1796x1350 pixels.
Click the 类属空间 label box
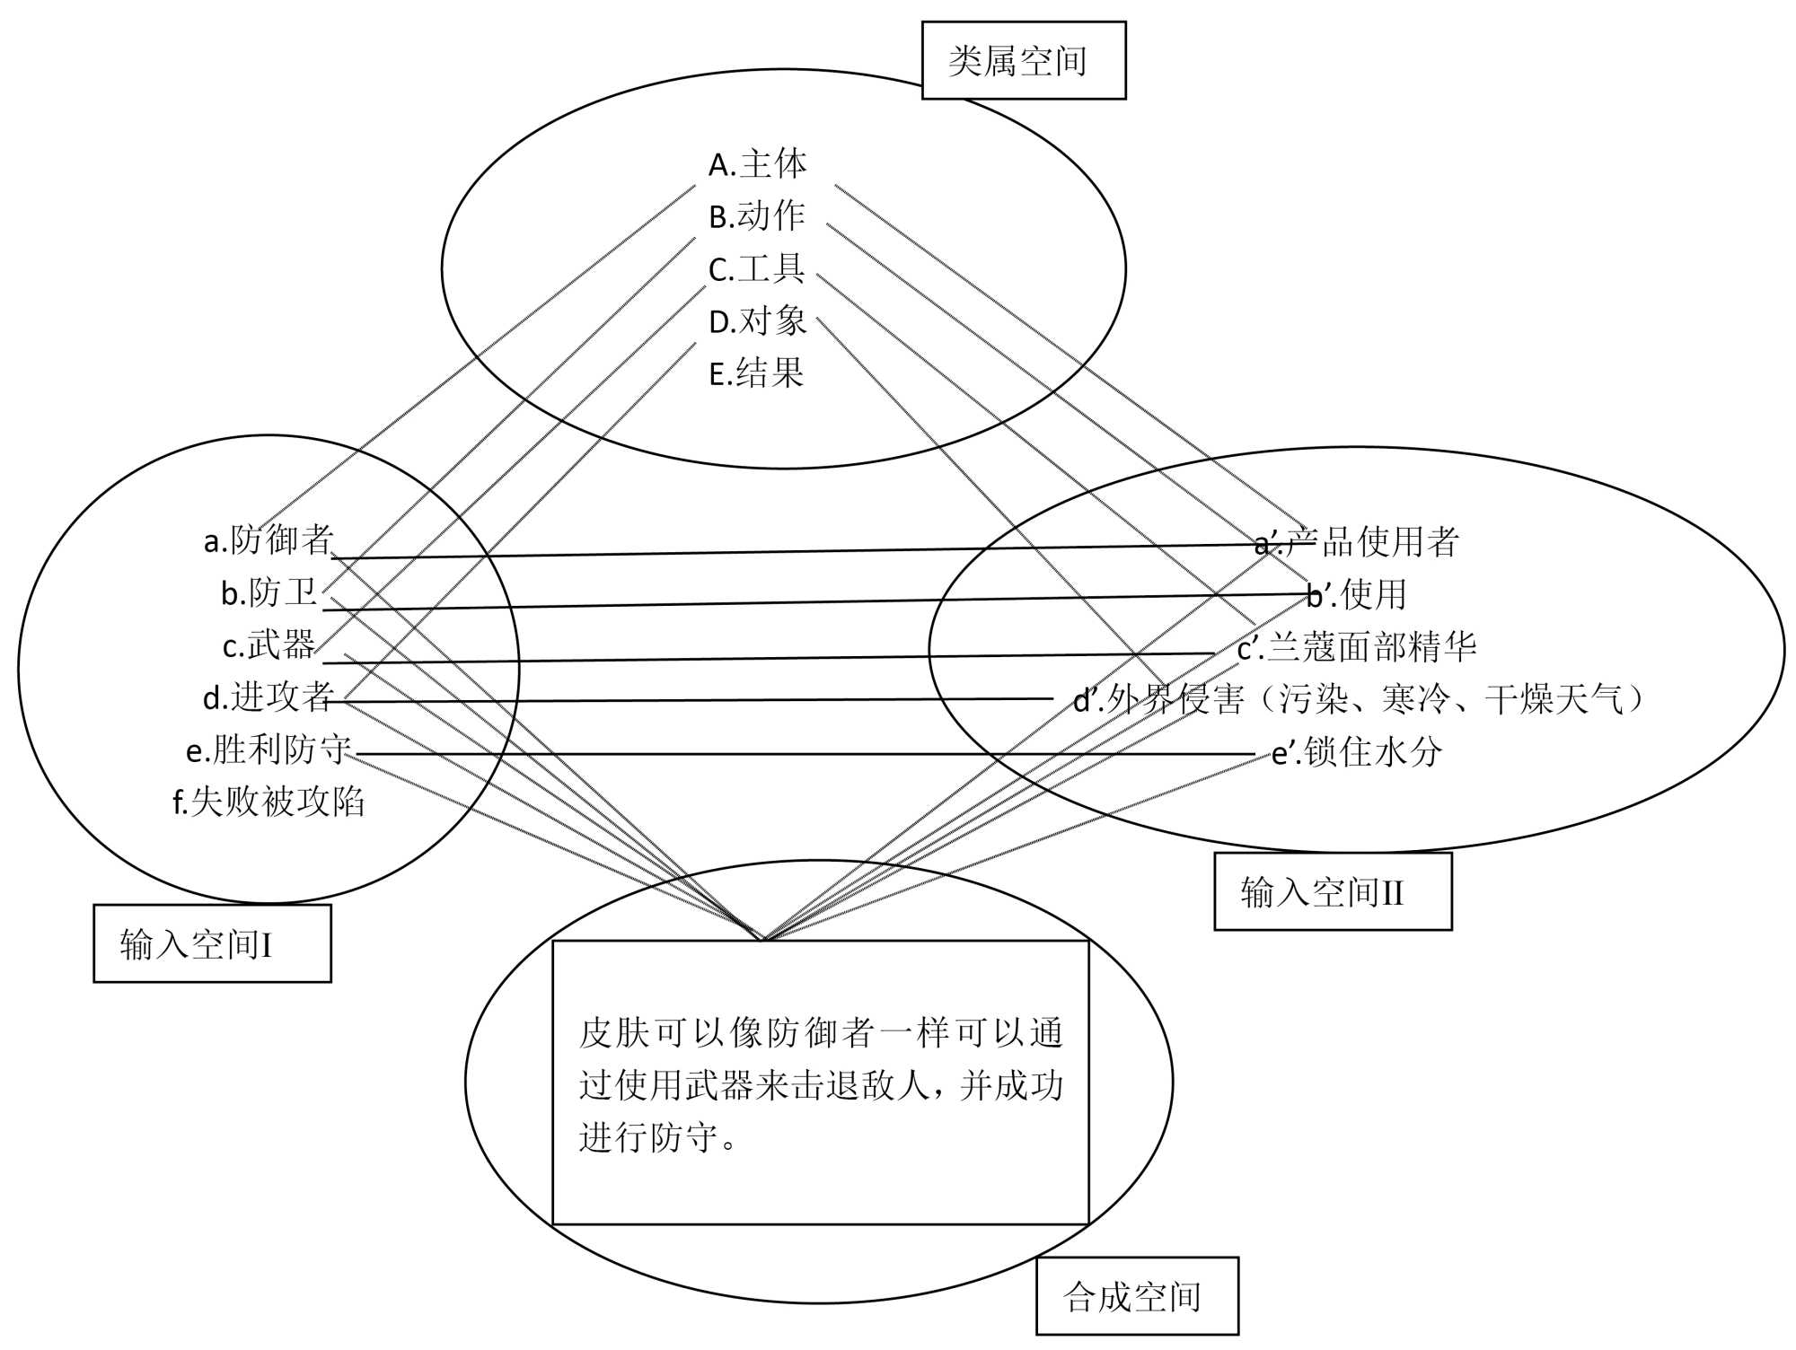tap(1023, 61)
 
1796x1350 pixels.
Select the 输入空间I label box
tap(212, 943)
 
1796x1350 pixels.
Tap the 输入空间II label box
tap(1332, 892)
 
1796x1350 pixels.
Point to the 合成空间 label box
tap(1136, 1296)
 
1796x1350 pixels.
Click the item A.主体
tap(758, 165)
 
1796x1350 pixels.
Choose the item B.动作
tap(757, 216)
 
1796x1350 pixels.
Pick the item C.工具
tap(757, 268)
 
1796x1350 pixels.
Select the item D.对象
tap(758, 321)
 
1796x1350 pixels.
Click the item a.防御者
tap(269, 540)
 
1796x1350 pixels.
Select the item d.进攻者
tap(269, 697)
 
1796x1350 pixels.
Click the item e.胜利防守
tap(268, 750)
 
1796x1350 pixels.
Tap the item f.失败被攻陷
tap(269, 802)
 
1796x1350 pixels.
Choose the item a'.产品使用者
tap(1356, 542)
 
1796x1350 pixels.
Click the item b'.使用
tap(1356, 594)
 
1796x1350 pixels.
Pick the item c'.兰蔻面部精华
tap(1356, 646)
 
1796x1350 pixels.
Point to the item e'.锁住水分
tap(1356, 751)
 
